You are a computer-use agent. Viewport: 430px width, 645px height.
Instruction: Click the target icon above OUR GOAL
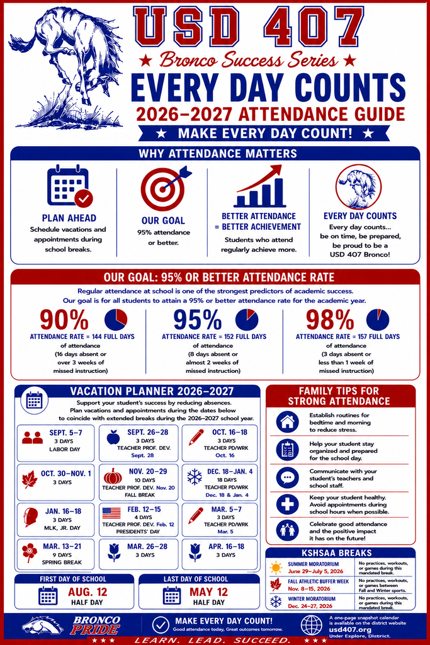coord(164,189)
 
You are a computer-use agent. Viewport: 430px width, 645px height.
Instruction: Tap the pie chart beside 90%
coord(116,319)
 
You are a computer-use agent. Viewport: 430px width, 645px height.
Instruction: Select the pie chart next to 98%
coord(377,319)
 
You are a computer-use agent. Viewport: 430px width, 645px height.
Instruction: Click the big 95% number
coord(197,319)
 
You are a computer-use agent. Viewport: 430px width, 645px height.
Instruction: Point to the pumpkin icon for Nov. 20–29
coord(113,476)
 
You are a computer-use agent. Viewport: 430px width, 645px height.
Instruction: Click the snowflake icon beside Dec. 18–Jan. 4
coord(195,477)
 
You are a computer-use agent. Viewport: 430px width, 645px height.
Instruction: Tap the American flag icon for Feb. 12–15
coord(111,513)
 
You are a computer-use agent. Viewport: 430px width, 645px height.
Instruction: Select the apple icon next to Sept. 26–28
coord(113,437)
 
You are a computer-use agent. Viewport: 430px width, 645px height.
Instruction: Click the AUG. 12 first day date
coord(87,592)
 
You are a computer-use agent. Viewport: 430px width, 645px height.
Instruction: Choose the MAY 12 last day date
coord(208,592)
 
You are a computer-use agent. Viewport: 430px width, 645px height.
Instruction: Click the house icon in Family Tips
coord(287,421)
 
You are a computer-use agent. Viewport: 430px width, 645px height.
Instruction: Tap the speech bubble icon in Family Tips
coord(287,477)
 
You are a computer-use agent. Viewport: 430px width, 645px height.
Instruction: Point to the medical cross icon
coord(287,503)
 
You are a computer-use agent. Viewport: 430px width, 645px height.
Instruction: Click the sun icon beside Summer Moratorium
coord(276,568)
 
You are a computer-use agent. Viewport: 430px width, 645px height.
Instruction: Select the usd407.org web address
coord(350,629)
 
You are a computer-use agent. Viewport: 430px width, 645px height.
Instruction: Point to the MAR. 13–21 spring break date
coord(62,546)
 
